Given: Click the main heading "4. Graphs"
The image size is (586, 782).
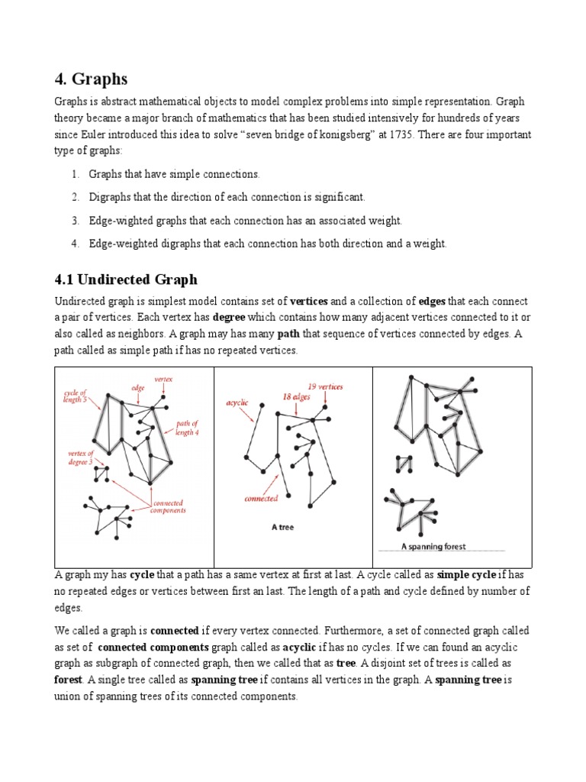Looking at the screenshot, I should (x=91, y=79).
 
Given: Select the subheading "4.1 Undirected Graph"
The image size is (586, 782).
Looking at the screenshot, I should (x=125, y=280).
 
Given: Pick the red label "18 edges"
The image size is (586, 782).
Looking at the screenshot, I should (x=296, y=397).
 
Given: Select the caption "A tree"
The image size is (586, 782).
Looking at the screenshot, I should (x=283, y=527).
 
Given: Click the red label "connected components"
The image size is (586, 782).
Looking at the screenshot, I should (x=169, y=507).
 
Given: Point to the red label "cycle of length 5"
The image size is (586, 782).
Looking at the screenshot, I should (x=76, y=396).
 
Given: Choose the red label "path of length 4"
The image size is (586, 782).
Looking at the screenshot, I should (x=187, y=428).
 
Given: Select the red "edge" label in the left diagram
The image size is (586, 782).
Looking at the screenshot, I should (x=137, y=388).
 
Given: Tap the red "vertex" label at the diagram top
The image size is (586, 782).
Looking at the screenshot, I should (x=163, y=379).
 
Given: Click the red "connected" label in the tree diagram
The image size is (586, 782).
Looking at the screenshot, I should (x=260, y=499).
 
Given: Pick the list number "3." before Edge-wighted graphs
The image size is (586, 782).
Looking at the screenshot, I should (x=76, y=220).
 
